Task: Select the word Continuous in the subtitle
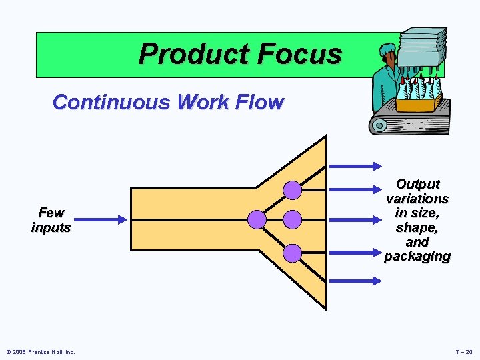pyautogui.click(x=111, y=103)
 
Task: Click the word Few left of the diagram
pyautogui.click(x=51, y=213)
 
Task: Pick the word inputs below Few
pyautogui.click(x=51, y=227)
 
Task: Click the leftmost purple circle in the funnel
pyautogui.click(x=257, y=219)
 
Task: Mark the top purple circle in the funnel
pyautogui.click(x=292, y=191)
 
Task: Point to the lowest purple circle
pyautogui.click(x=292, y=253)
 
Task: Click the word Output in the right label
pyautogui.click(x=417, y=184)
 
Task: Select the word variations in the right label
pyautogui.click(x=417, y=199)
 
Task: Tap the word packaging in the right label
pyautogui.click(x=417, y=256)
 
